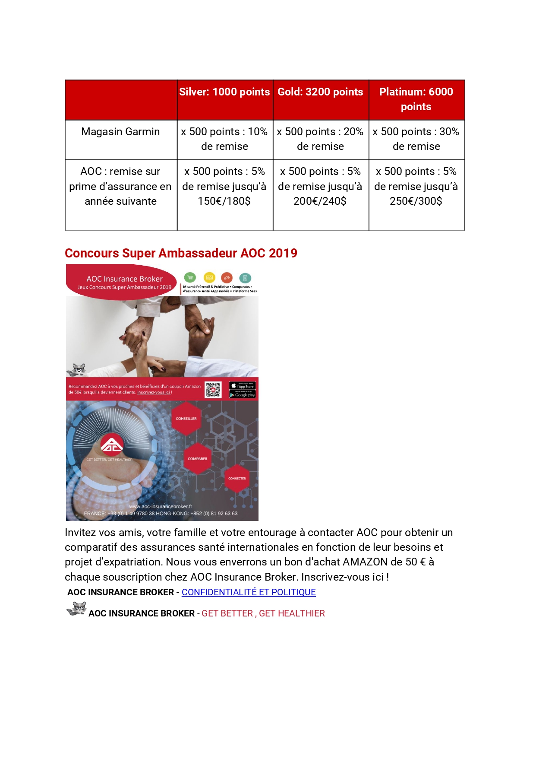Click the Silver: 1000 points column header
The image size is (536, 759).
(224, 92)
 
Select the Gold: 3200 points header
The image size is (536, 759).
(320, 92)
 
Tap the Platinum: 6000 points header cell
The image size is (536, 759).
(416, 99)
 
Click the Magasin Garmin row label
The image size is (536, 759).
(120, 132)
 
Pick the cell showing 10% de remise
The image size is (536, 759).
(224, 139)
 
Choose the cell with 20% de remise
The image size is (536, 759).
(320, 139)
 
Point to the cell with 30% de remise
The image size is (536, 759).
(416, 139)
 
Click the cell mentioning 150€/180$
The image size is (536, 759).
(224, 187)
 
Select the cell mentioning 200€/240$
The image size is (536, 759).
(320, 187)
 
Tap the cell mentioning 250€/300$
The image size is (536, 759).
(416, 187)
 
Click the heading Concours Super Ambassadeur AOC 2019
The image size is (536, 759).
(181, 253)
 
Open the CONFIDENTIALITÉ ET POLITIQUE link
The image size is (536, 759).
(249, 592)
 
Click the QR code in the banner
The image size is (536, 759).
(213, 390)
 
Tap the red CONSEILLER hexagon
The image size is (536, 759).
(186, 418)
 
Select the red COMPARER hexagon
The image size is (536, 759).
(198, 458)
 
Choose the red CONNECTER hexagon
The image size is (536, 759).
(237, 478)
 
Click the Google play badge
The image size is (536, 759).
(243, 395)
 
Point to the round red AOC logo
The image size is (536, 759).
(112, 445)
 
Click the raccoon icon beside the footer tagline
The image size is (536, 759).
(76, 609)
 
